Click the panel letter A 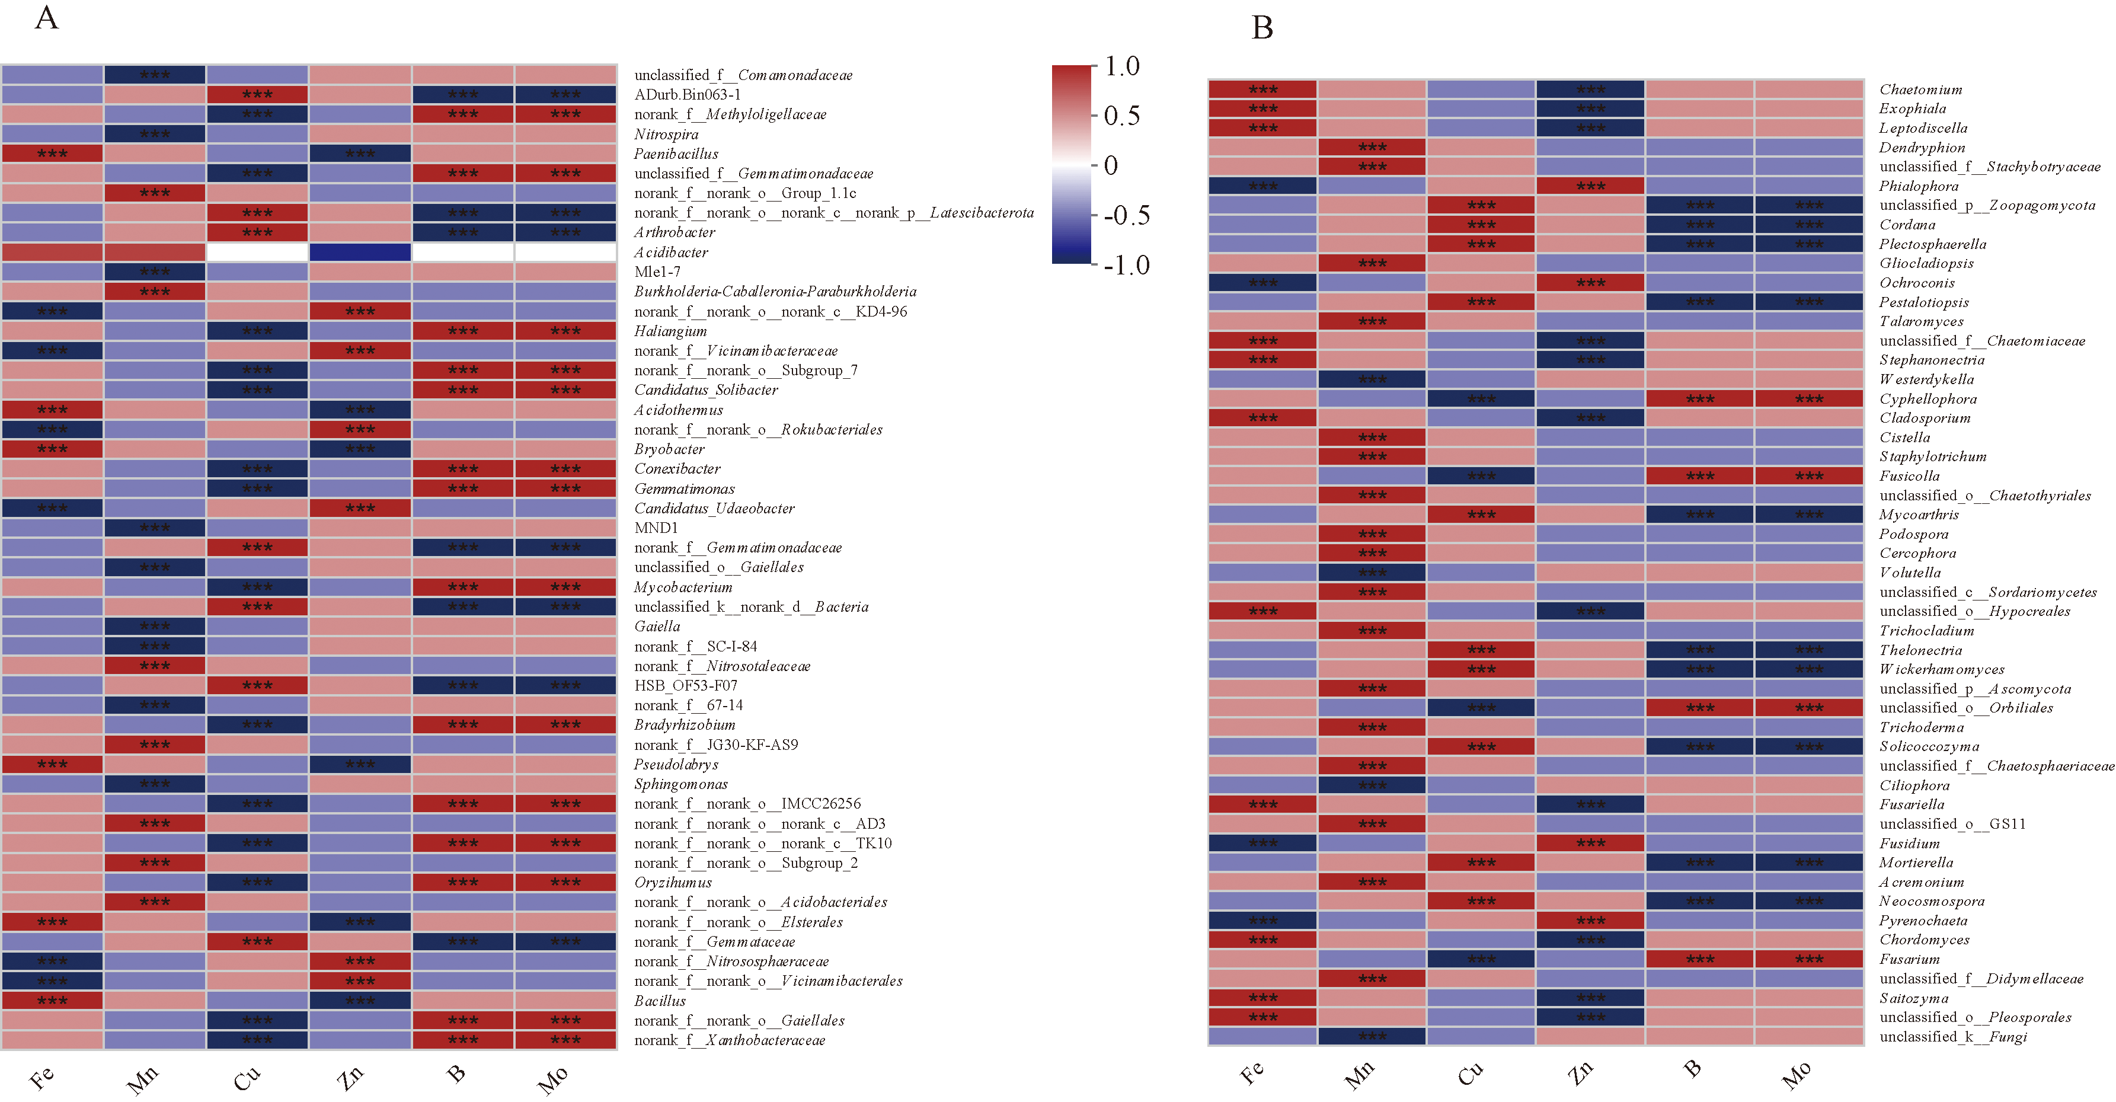click(47, 17)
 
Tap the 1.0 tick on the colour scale click(1122, 66)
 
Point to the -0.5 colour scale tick click(1126, 216)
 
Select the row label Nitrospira click(666, 134)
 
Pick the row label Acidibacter click(670, 253)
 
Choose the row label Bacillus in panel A click(660, 1001)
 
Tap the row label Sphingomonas click(680, 784)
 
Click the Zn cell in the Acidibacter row click(360, 253)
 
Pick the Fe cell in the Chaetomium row click(1262, 90)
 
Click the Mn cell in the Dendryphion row click(1372, 147)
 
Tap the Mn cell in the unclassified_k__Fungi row click(1372, 1036)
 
